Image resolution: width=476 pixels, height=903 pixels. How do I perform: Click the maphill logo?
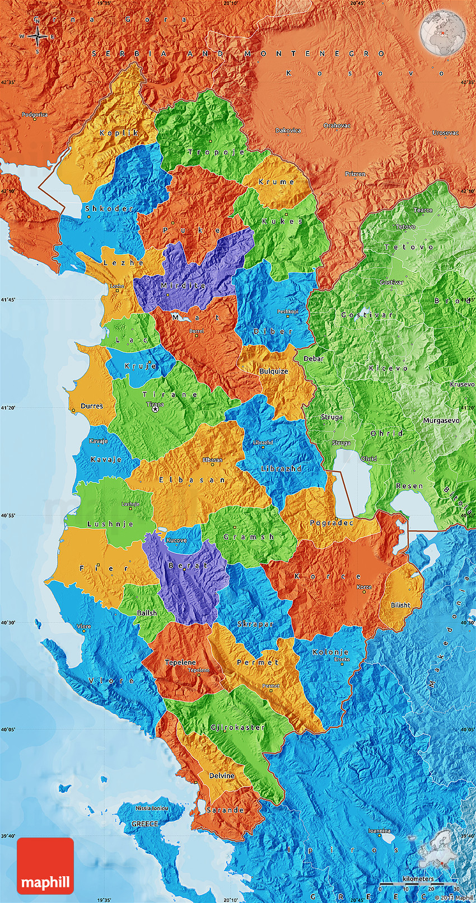45,866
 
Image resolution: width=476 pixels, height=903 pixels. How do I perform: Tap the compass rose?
37,37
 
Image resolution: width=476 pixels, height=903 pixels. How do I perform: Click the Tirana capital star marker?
155,410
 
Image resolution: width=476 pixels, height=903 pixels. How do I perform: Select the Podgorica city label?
35,115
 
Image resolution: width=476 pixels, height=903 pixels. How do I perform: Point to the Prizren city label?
355,174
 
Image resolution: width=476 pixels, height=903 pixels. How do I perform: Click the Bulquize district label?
274,371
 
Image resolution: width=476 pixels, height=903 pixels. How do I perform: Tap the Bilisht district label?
400,605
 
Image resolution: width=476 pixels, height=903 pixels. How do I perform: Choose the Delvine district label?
222,775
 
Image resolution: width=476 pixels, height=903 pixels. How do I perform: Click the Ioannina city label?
379,831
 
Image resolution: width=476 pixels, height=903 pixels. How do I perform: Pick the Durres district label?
91,406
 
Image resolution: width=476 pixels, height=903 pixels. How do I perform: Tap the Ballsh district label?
147,613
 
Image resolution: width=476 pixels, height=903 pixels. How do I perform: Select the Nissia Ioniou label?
151,808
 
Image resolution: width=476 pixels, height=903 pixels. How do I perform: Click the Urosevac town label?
445,133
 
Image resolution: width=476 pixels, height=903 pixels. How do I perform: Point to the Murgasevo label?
441,420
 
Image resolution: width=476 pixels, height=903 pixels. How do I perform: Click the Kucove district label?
176,540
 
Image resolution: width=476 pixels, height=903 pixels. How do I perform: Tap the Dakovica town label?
288,130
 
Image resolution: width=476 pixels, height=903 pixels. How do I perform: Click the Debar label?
314,359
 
